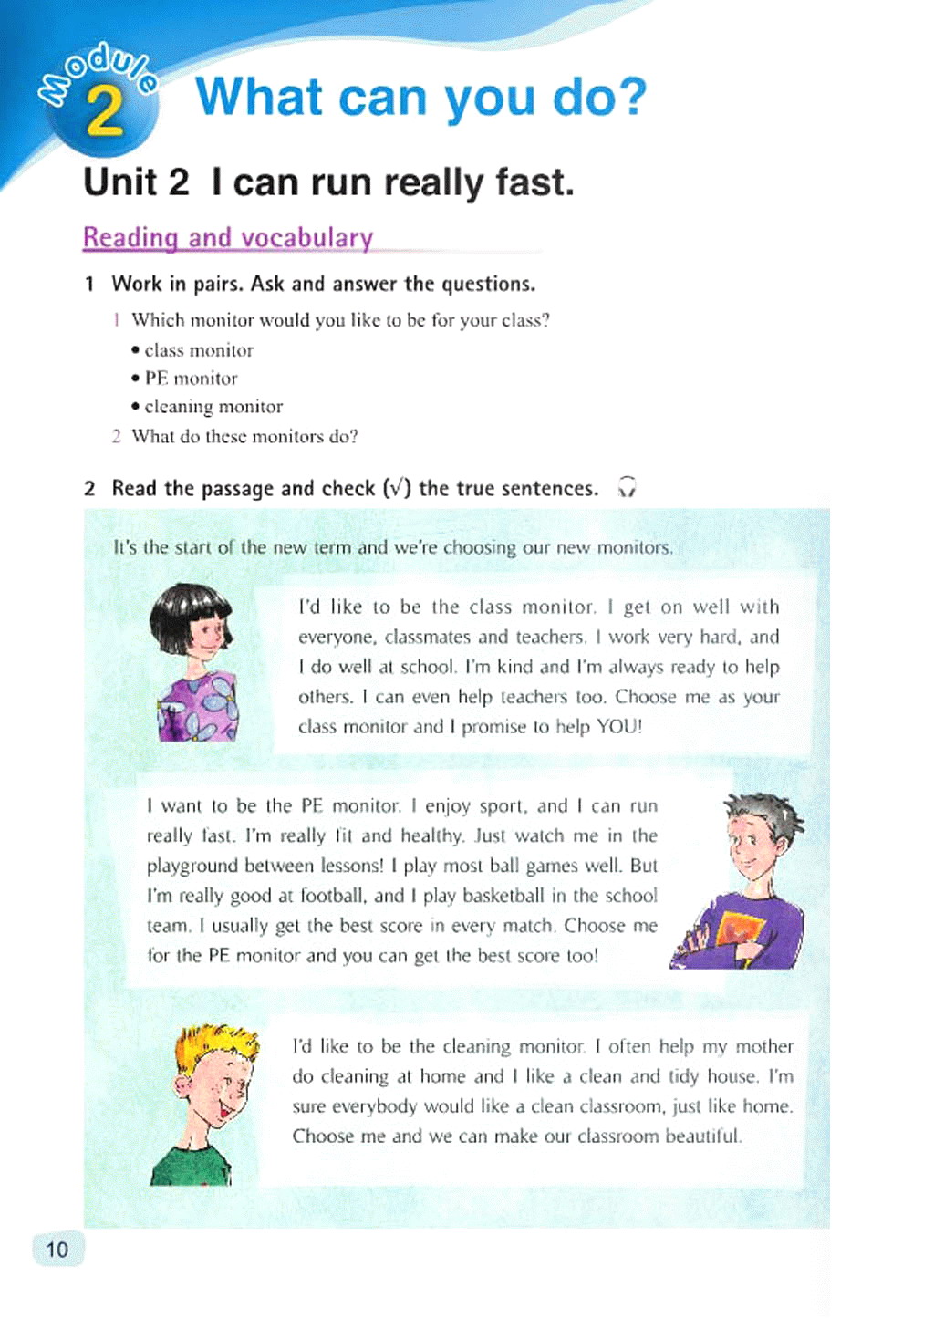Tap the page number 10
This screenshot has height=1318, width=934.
point(57,1249)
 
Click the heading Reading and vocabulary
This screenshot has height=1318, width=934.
point(228,238)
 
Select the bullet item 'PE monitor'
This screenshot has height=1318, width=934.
point(191,379)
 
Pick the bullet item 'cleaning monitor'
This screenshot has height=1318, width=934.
point(213,407)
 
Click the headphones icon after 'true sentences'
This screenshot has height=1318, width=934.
point(627,487)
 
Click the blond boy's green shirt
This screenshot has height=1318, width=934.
point(187,1164)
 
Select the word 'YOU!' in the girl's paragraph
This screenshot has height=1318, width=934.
point(619,727)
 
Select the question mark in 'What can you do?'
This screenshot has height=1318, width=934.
point(630,98)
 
